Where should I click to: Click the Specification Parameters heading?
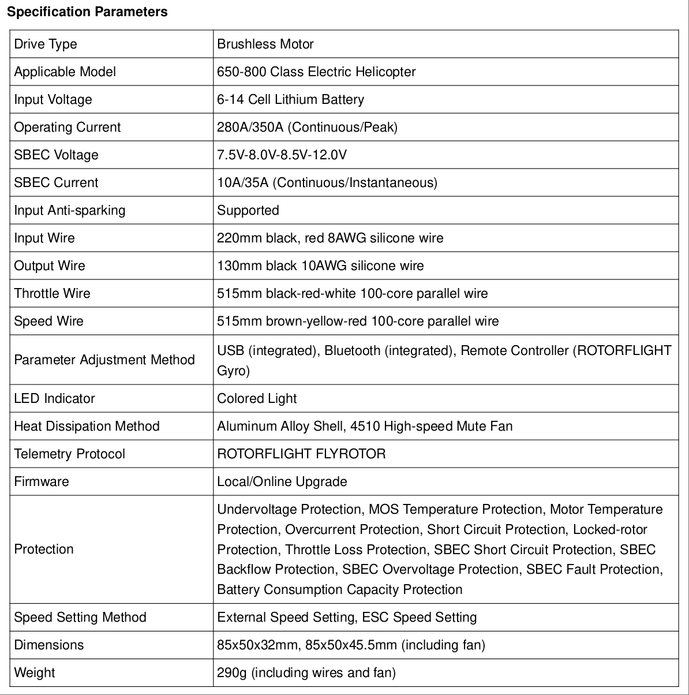click(88, 12)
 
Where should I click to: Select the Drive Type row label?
click(46, 44)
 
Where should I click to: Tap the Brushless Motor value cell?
click(265, 44)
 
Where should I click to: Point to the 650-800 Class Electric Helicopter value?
click(316, 72)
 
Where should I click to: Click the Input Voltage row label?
click(53, 100)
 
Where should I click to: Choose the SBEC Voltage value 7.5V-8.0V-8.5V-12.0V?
click(282, 155)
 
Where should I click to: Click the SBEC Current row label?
click(56, 183)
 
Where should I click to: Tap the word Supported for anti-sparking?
click(248, 211)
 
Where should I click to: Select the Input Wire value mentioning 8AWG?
click(330, 238)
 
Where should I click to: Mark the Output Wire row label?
click(50, 266)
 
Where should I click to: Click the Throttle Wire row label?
click(53, 294)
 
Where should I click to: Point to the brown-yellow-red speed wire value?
click(358, 322)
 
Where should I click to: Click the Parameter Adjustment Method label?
click(104, 360)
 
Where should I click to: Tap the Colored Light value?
click(257, 399)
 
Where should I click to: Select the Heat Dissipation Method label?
click(87, 427)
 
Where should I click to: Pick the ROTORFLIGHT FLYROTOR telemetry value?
click(301, 454)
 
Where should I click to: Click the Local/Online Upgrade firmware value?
click(282, 482)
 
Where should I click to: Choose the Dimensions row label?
click(49, 645)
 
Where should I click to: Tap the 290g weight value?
click(306, 673)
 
